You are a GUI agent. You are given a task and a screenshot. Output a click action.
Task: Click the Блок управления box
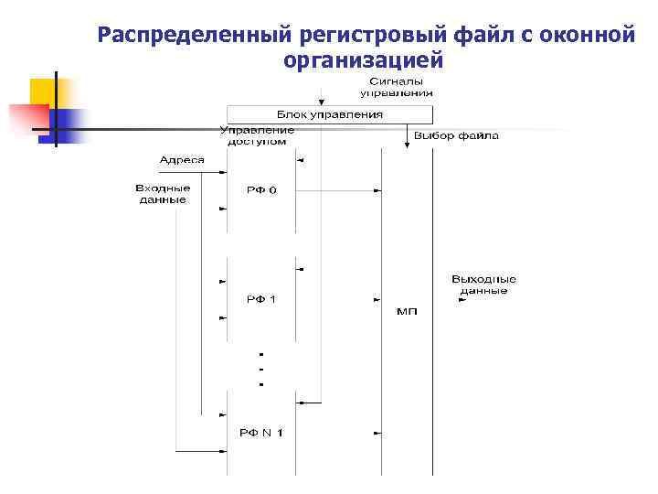(x=329, y=115)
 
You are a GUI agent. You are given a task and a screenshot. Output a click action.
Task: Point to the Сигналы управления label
(x=396, y=88)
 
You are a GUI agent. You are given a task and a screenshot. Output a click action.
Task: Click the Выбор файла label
(x=456, y=136)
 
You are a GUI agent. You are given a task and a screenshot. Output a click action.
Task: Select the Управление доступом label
(x=258, y=134)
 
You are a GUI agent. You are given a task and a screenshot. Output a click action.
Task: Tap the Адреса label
(x=182, y=160)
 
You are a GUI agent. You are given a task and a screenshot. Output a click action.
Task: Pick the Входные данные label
(x=162, y=193)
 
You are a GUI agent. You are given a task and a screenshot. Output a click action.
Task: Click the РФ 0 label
(x=260, y=190)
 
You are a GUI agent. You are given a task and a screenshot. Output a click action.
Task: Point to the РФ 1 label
(x=260, y=299)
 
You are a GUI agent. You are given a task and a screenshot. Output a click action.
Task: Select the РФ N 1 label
(x=260, y=432)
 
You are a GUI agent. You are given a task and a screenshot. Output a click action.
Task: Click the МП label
(x=407, y=312)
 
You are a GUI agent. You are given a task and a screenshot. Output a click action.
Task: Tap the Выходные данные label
(x=483, y=285)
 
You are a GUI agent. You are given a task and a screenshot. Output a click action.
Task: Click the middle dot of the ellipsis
(x=261, y=369)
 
